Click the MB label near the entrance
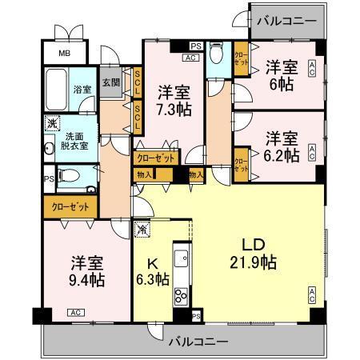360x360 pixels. tap(63, 54)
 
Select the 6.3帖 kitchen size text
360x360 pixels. tap(153, 279)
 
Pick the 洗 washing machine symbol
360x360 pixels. tap(51, 123)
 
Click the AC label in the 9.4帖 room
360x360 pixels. tap(74, 312)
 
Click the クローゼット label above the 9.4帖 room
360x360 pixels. tap(70, 206)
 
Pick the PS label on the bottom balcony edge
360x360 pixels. tap(197, 317)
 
